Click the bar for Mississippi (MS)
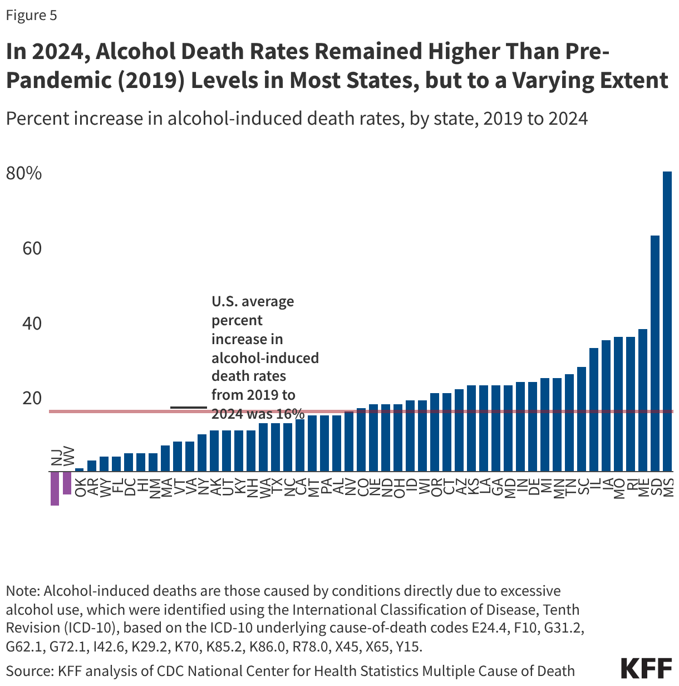[x=667, y=321]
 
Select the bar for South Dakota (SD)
[x=655, y=353]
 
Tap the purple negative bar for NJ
[x=55, y=488]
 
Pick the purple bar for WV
[x=67, y=483]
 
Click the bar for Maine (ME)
[x=643, y=400]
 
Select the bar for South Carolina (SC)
[x=582, y=419]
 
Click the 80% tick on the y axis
[x=24, y=173]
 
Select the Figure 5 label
[x=31, y=15]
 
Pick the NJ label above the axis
[x=56, y=457]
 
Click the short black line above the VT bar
[x=188, y=408]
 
